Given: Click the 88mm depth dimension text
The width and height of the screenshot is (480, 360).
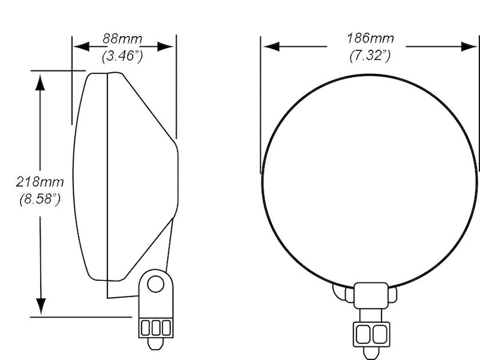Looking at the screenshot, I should pos(122,39).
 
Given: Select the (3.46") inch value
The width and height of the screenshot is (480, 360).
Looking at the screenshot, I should pos(122,57).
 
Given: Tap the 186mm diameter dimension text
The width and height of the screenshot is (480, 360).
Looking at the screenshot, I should pos(370,38).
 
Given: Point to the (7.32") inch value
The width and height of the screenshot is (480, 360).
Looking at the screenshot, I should pos(370,56).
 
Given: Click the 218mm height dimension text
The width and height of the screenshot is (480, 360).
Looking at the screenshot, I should pos(40,181).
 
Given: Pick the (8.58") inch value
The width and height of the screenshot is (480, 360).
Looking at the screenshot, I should pos(40,199).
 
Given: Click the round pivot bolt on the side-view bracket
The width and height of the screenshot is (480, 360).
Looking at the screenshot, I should pos(156,283).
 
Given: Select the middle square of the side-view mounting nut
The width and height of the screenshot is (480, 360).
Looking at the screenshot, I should pos(155,328).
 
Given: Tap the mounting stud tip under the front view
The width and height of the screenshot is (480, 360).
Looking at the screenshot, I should pos(371,352).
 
